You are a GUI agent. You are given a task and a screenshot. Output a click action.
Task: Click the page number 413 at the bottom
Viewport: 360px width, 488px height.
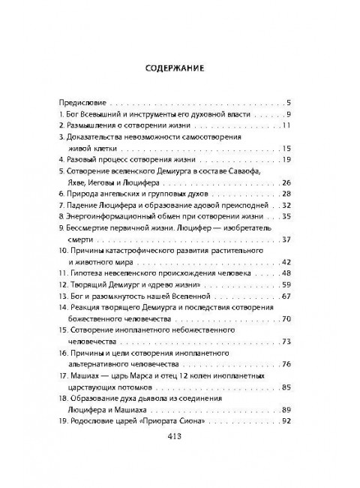point(180,456)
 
